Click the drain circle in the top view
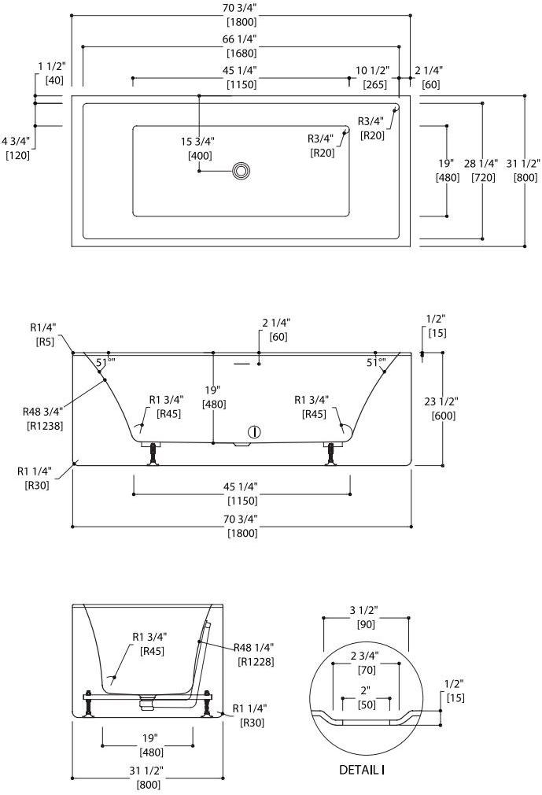coord(242,170)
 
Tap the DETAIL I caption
coord(362,770)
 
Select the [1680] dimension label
coord(242,54)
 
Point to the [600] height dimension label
coord(444,416)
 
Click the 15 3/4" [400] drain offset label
coord(197,148)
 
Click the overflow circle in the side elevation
coord(254,431)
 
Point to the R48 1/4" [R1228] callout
coord(253,654)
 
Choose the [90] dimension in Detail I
coord(367,625)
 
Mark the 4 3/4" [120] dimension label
coord(17,148)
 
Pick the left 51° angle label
coord(105,363)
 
